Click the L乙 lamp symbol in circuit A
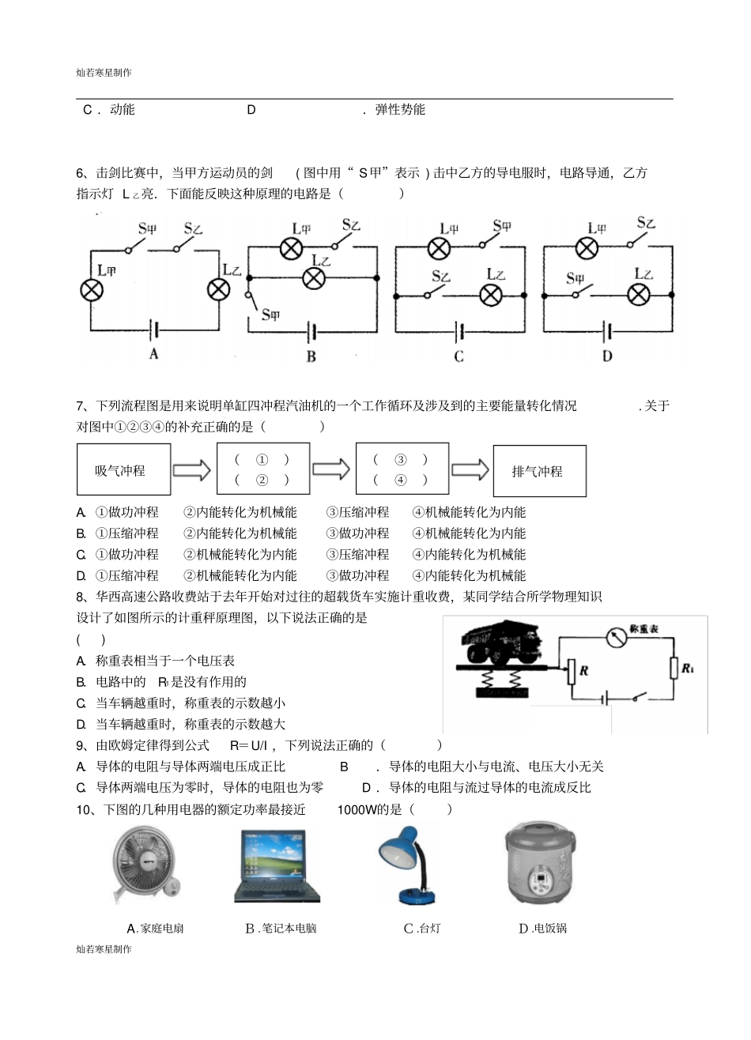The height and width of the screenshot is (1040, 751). [219, 290]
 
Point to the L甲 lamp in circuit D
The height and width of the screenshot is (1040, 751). [586, 248]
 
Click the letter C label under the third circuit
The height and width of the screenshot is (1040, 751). [459, 356]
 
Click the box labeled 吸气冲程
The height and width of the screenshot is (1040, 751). [123, 470]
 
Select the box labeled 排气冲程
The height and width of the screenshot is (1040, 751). [539, 471]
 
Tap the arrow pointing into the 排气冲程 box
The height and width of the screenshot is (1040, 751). [470, 470]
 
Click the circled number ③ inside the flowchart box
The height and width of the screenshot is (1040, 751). [401, 460]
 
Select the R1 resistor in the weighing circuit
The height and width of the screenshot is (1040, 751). [674, 668]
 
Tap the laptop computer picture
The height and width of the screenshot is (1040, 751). [277, 865]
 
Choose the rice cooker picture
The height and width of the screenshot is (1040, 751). [542, 867]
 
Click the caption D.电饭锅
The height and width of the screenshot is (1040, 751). [542, 929]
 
